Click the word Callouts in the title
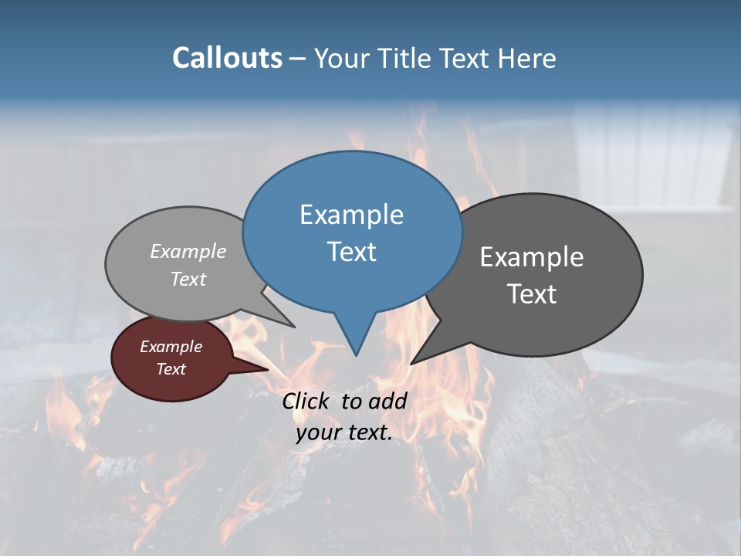pyautogui.click(x=227, y=58)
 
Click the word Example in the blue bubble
pyautogui.click(x=352, y=215)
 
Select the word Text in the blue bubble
pyautogui.click(x=352, y=252)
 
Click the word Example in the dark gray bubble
pyautogui.click(x=532, y=257)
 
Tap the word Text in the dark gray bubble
pyautogui.click(x=532, y=294)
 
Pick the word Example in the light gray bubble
pyautogui.click(x=188, y=251)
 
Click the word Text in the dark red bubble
pyautogui.click(x=171, y=369)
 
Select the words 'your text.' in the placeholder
pyautogui.click(x=344, y=433)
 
